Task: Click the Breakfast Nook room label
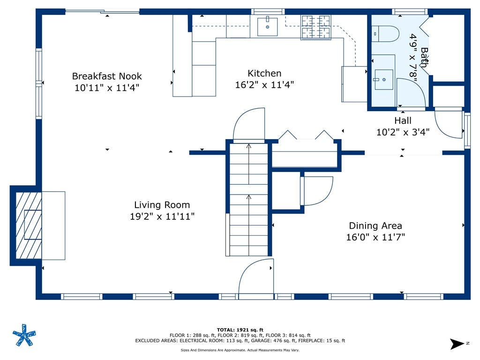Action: pyautogui.click(x=107, y=76)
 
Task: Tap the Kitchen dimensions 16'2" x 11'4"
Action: pyautogui.click(x=264, y=85)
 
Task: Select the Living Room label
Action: pyautogui.click(x=162, y=205)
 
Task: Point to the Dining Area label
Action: pyautogui.click(x=375, y=226)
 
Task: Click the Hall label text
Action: pyautogui.click(x=403, y=120)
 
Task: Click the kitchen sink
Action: pyautogui.click(x=267, y=27)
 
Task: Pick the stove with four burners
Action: pyautogui.click(x=316, y=27)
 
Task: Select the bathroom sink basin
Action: pyautogui.click(x=383, y=80)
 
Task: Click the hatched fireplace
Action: pyautogui.click(x=29, y=225)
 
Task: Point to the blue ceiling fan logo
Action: pyautogui.click(x=24, y=335)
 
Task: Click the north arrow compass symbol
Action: pyautogui.click(x=457, y=344)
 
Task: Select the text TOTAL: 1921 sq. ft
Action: pyautogui.click(x=240, y=330)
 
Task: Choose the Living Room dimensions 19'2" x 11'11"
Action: pyautogui.click(x=162, y=217)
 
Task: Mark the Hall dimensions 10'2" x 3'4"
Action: pyautogui.click(x=403, y=132)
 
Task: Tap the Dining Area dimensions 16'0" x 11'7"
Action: pyautogui.click(x=375, y=237)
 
